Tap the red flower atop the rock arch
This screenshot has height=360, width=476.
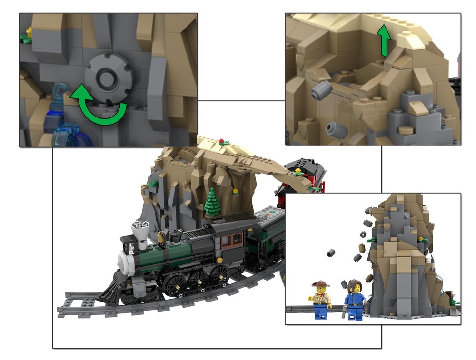(221, 141)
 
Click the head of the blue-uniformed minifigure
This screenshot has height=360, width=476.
(354, 288)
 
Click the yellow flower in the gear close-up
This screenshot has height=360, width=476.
(29, 32)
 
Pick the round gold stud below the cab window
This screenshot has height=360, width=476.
(219, 260)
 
